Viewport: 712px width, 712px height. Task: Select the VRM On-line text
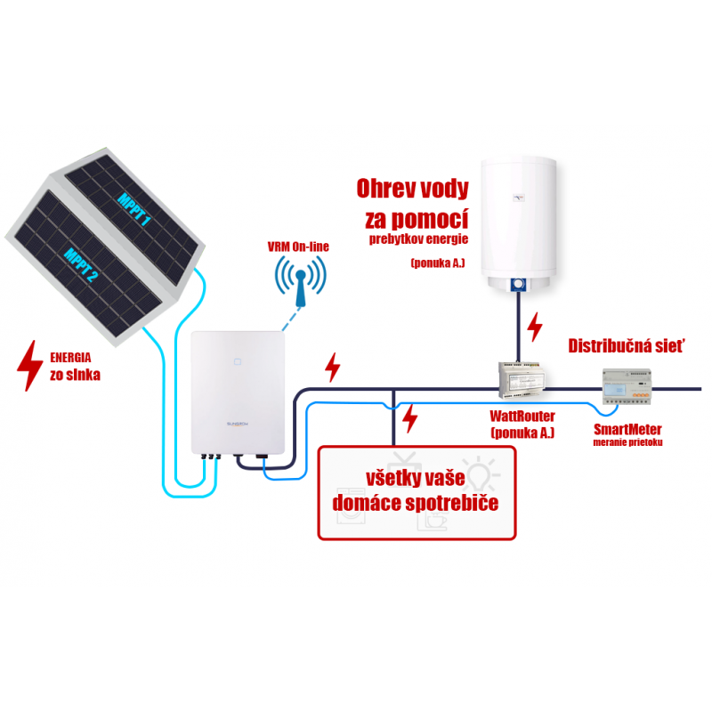tap(298, 246)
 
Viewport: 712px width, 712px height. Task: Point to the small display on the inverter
tap(238, 362)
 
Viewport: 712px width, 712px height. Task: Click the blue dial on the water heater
tap(517, 287)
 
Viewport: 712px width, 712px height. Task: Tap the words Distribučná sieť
tap(627, 344)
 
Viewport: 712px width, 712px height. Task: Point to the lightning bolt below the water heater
tap(535, 328)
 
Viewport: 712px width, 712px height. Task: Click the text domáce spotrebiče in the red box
tap(415, 504)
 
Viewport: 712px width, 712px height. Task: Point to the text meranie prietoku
tap(628, 442)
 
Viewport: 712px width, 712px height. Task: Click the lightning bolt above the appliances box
tap(410, 418)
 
